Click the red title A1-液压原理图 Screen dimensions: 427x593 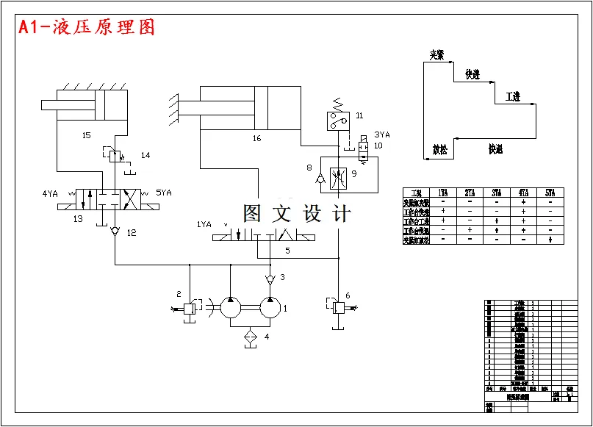coord(87,28)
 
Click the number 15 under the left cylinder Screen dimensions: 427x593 coord(87,135)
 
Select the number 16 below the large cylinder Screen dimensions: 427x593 coord(256,137)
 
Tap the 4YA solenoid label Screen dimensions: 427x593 coord(49,194)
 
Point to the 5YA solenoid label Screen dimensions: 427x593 coord(163,194)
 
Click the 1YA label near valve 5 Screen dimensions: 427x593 coord(204,223)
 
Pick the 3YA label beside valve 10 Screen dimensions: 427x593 coord(382,134)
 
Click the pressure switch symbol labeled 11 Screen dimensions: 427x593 coord(338,119)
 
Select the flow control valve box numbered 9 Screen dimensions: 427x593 coord(339,174)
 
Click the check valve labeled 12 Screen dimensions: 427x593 coord(115,232)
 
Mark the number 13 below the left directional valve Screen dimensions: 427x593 coord(78,218)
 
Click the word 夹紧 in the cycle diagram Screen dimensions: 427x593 coord(437,55)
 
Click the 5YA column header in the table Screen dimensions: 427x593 coord(550,193)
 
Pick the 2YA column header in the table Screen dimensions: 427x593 coord(470,193)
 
